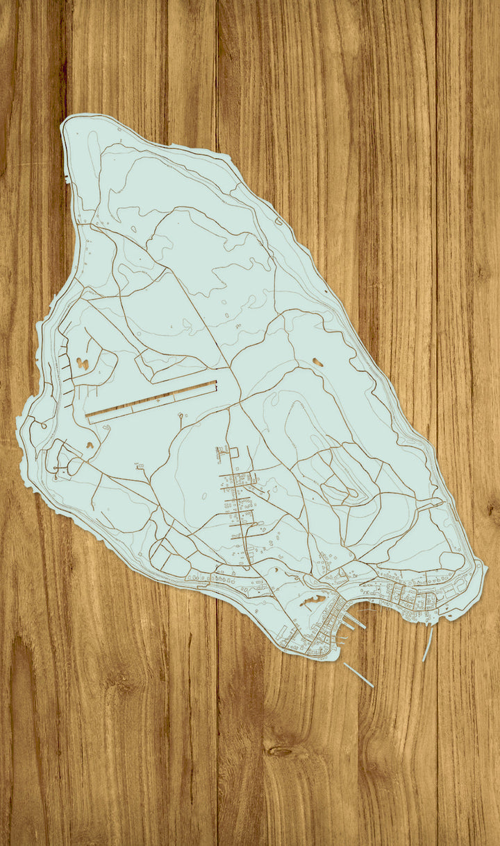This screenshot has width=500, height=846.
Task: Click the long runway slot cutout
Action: [x=151, y=402]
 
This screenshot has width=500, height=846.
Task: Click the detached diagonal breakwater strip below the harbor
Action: [x=358, y=675]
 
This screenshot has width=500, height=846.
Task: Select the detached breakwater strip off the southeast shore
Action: [x=428, y=644]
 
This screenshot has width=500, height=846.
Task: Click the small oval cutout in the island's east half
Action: [x=317, y=362]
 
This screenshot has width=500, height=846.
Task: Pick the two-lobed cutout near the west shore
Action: [x=83, y=363]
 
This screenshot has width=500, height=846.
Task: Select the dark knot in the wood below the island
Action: [x=281, y=751]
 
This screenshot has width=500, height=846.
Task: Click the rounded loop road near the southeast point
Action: [x=451, y=560]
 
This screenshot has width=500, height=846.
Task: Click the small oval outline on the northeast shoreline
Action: [x=278, y=221]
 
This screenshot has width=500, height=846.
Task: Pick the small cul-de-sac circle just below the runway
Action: [x=181, y=416]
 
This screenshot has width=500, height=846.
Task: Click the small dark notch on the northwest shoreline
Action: [x=67, y=180]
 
